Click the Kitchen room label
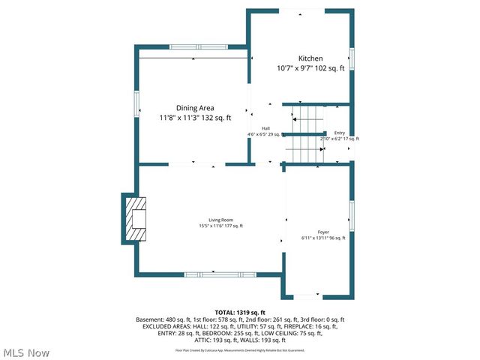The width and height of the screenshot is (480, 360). click(310, 58)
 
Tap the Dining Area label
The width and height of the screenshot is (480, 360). click(195, 108)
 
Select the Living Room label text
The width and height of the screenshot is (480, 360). click(220, 219)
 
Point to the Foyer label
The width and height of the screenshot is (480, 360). click(323, 232)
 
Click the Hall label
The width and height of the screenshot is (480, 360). click(265, 128)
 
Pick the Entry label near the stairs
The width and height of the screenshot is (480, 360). click(340, 133)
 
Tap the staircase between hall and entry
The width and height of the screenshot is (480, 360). click(305, 129)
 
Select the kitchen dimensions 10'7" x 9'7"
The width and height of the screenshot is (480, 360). click(310, 68)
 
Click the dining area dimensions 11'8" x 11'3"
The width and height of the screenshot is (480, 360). click(195, 118)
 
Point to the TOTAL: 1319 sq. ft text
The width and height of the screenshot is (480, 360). click(240, 312)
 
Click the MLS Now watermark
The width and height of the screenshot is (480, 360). click(27, 352)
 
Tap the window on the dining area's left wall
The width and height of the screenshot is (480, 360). click(136, 104)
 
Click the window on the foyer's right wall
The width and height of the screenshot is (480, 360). click(351, 216)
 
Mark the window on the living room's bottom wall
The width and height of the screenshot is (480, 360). click(216, 274)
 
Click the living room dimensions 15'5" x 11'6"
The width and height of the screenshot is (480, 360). click(220, 226)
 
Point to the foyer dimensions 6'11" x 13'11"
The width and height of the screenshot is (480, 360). click(323, 238)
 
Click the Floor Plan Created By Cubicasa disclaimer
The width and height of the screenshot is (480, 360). click(240, 349)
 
